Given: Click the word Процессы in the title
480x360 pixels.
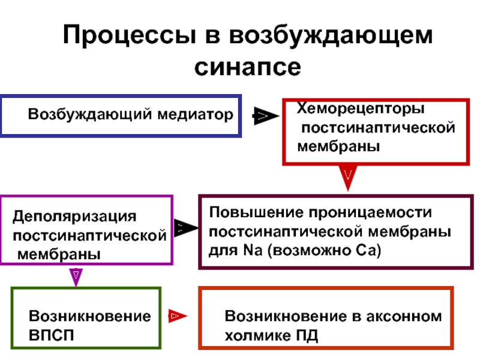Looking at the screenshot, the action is coord(129,35).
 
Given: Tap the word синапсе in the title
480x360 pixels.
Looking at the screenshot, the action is coord(248,67).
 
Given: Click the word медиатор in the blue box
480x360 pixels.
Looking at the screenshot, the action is coord(196,115).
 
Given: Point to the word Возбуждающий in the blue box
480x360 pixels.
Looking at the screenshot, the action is coord(89,115).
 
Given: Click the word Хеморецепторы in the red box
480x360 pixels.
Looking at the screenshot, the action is coord(361,109).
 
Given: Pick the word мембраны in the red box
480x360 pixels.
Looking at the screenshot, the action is coord(338,146).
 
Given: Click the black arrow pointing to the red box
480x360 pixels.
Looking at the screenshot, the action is coord(265,116).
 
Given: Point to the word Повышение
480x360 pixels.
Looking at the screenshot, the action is coord(256,212).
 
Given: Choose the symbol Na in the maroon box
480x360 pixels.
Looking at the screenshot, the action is coord(253,250).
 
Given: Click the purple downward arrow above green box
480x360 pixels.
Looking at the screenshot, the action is coord(76,277).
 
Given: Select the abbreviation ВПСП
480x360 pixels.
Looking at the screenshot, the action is coord(51,335).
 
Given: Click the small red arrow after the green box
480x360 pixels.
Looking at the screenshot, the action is coord(178,316).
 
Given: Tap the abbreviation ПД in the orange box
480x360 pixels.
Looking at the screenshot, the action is coord(307,336).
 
